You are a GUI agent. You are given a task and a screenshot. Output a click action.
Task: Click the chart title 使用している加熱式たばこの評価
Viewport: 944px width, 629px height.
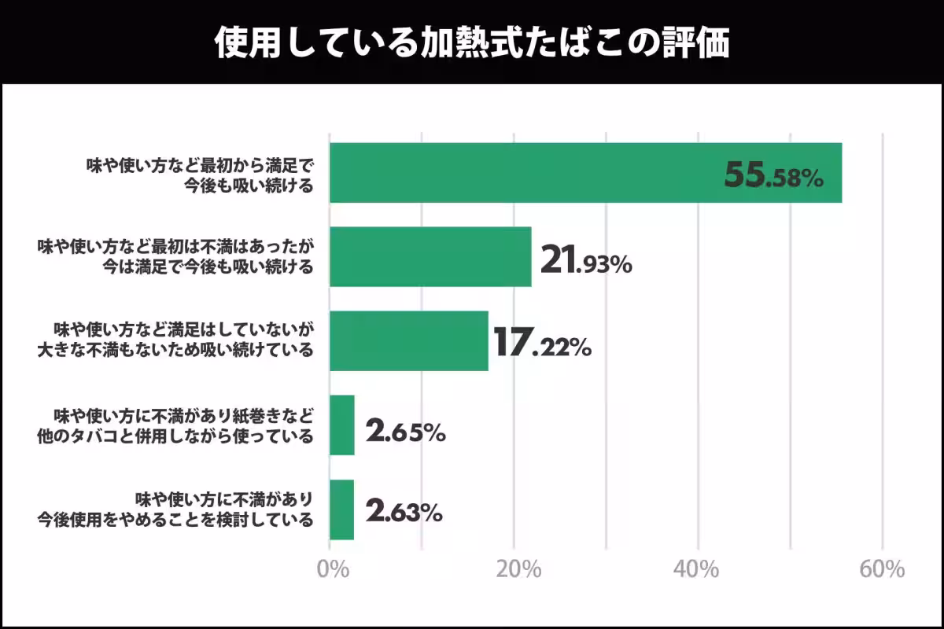click(472, 43)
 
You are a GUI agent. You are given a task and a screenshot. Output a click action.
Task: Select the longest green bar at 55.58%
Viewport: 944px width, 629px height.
click(585, 173)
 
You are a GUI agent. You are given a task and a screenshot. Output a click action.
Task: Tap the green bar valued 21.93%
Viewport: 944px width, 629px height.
click(430, 257)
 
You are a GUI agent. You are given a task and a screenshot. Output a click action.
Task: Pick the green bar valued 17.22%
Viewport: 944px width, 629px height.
click(409, 341)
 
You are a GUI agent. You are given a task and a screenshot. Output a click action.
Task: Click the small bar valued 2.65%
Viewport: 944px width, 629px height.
click(342, 425)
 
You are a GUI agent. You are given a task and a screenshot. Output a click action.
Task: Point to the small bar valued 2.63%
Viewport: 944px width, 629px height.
click(342, 509)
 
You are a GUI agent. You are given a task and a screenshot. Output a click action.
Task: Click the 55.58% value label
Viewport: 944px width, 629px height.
click(773, 176)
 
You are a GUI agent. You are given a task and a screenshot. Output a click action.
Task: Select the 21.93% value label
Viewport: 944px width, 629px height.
click(586, 261)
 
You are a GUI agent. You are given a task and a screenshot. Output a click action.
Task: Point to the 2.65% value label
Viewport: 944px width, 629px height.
click(406, 430)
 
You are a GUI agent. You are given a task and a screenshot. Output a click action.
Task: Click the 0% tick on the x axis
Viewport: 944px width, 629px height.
click(332, 569)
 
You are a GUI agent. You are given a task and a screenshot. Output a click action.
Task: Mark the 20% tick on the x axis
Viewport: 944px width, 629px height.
click(517, 569)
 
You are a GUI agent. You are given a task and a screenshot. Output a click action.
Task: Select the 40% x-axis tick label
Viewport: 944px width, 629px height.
click(699, 569)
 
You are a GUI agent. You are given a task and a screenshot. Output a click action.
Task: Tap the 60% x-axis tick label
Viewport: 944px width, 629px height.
click(883, 569)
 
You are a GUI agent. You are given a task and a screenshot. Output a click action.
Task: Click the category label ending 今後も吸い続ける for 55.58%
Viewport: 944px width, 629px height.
click(200, 174)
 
